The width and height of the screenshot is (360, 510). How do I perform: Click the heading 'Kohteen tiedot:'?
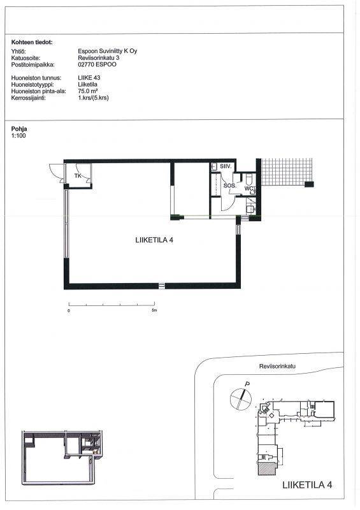pos(32,42)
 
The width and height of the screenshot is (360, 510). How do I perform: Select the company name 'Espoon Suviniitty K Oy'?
pos(107,51)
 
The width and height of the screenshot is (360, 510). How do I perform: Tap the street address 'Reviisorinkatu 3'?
pos(99,57)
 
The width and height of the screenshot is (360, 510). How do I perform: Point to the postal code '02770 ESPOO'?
pos(97,64)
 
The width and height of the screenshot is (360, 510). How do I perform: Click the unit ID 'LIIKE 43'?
pos(89,78)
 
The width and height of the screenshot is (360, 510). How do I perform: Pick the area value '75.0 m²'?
pos(88,91)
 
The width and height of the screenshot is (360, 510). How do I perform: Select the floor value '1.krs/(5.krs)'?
pos(93,98)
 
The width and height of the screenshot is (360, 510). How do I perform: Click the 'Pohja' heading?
pos(19,129)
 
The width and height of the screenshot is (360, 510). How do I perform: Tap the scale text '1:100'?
pos(18,136)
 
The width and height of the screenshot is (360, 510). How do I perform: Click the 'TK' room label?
pos(78,176)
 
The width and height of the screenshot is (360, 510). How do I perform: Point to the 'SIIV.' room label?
pos(226,166)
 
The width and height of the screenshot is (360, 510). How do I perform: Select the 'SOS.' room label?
pos(229,186)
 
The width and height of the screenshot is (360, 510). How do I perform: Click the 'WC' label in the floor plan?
pos(248,189)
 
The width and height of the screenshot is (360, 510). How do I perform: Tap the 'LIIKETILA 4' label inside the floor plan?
pos(154,240)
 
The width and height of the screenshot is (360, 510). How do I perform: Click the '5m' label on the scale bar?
pos(154,310)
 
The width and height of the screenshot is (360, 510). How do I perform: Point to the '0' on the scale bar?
pos(69,311)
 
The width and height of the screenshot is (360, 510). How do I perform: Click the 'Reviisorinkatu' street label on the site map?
pos(277,366)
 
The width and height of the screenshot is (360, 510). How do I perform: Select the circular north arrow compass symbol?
pos(241,398)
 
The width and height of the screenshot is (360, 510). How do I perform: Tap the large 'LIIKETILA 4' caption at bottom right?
pos(307,485)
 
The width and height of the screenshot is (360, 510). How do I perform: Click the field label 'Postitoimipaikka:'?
pos(33,64)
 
